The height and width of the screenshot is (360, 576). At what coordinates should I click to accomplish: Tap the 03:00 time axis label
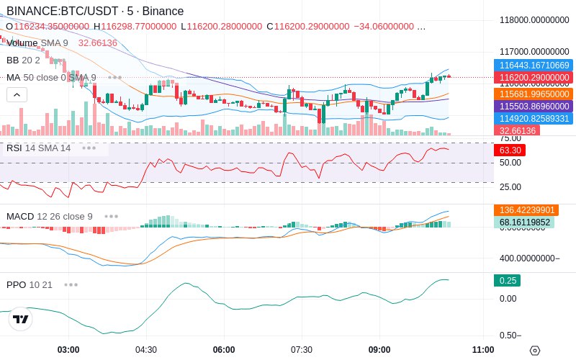click(68, 350)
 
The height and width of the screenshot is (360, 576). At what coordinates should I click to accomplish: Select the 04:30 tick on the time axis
click(146, 350)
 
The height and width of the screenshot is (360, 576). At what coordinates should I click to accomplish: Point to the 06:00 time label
click(224, 350)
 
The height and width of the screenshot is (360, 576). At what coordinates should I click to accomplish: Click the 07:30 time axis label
click(302, 350)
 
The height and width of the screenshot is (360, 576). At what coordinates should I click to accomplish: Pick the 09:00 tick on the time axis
click(379, 350)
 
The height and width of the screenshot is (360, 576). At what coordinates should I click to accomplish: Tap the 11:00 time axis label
click(483, 350)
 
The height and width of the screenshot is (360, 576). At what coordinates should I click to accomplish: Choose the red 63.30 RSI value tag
click(510, 150)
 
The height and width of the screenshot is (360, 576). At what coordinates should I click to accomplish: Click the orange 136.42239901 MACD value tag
click(526, 210)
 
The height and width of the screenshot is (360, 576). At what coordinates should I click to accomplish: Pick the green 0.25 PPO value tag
click(507, 281)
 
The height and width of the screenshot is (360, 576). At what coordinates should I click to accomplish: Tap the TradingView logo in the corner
click(21, 319)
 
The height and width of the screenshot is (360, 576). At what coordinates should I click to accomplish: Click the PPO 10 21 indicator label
click(30, 284)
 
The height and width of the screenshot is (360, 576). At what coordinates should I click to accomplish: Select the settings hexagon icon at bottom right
click(534, 351)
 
